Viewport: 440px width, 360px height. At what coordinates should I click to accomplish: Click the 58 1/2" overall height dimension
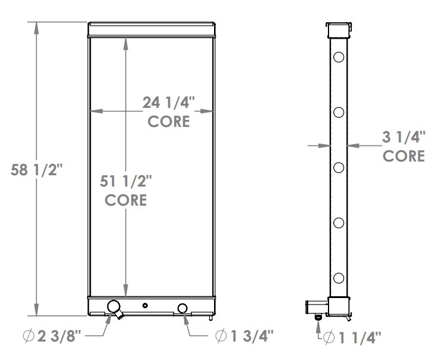(37, 170)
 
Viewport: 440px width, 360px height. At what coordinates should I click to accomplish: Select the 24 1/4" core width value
(169, 103)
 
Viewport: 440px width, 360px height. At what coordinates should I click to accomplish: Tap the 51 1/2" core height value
(126, 180)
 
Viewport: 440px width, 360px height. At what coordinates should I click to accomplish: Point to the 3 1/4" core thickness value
(404, 138)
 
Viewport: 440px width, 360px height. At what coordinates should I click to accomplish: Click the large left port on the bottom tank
(112, 307)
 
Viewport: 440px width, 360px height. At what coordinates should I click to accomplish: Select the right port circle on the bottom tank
(182, 308)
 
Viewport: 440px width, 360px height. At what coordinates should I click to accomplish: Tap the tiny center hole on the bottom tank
(145, 306)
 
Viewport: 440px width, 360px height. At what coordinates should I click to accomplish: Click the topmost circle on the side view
(339, 58)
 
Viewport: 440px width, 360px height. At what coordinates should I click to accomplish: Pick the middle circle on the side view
(339, 167)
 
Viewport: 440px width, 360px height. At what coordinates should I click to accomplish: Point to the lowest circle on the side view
(339, 277)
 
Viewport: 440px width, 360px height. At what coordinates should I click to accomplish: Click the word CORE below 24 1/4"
(169, 122)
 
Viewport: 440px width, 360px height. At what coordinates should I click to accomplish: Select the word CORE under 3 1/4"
(404, 156)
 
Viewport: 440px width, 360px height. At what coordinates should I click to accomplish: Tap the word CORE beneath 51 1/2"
(126, 199)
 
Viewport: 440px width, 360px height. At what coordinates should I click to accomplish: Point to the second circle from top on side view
(339, 113)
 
